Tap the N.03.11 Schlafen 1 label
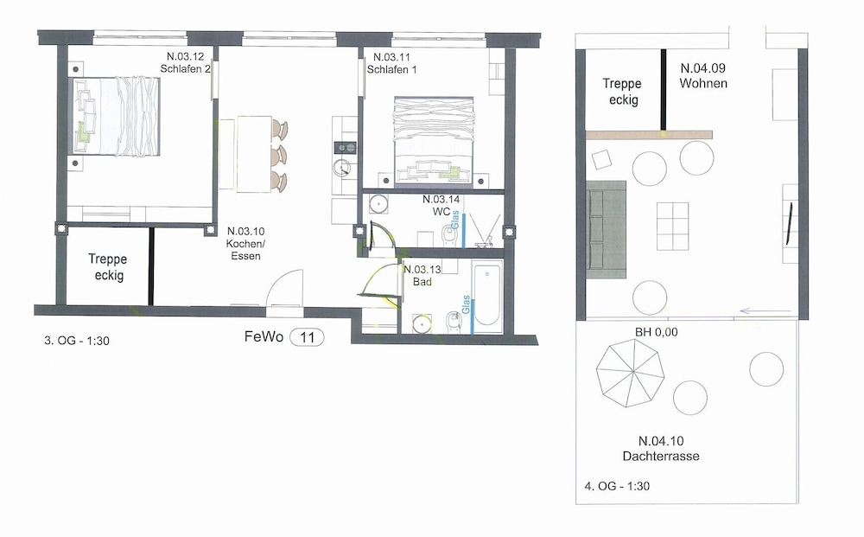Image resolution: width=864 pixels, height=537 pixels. pos(391,63)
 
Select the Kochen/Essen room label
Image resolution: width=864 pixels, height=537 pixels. pos(245,244)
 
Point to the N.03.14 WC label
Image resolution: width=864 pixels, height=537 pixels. pos(441,205)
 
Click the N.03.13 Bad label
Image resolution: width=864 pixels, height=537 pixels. pos(422,276)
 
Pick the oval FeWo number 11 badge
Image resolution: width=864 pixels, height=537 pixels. pos(307,337)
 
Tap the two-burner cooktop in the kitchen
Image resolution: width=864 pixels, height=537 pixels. pos(345,147)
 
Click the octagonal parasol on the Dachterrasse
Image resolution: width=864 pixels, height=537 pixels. pos(631,374)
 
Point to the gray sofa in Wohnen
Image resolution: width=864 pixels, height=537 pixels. pos(607,229)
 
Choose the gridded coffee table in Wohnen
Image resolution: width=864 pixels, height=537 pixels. pos(672,226)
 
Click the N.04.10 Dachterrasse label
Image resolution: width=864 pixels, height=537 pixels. pos(661,448)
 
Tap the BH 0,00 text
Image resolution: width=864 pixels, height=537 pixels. pos(657,332)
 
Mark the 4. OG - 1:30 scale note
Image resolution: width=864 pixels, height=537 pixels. pos(617,486)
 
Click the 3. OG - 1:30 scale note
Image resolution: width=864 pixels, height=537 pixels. pos(77,341)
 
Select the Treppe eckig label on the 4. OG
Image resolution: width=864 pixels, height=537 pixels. pos(622,92)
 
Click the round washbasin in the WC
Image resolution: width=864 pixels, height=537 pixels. pos(378,203)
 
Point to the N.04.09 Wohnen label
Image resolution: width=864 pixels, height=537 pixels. pos(703,75)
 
